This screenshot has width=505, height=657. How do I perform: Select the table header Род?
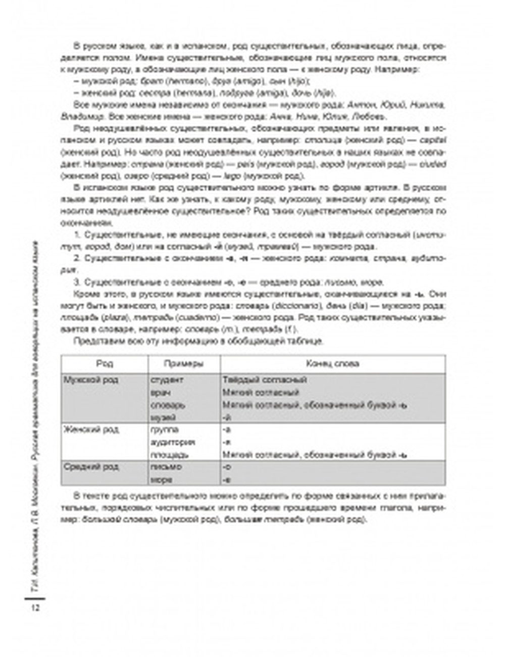tap(105, 364)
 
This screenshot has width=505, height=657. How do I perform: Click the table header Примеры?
tap(184, 364)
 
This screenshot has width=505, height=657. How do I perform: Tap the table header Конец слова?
tap(333, 364)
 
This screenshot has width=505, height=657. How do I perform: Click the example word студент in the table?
tap(167, 380)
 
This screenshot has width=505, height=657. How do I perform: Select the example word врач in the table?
tap(161, 392)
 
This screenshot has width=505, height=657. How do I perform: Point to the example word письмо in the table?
tap(166, 467)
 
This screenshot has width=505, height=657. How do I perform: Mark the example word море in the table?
tap(162, 480)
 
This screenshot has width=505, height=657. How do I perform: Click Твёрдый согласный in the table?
tap(265, 380)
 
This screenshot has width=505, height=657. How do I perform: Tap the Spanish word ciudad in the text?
tap(433, 165)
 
